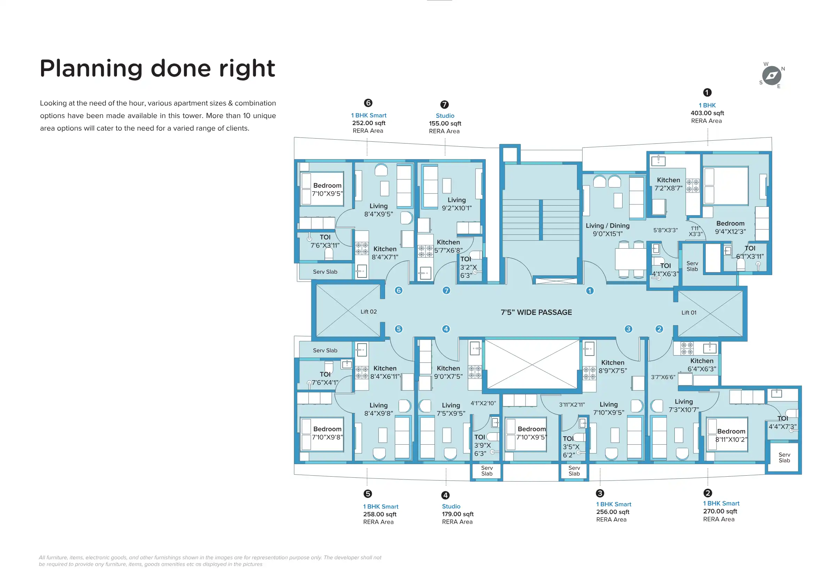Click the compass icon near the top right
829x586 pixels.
click(772, 76)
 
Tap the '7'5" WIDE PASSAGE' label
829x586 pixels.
click(536, 312)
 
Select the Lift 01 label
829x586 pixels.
click(689, 313)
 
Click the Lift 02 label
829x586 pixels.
click(369, 312)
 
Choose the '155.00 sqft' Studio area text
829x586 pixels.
click(445, 124)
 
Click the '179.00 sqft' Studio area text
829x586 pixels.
click(458, 514)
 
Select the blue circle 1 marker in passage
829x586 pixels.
click(589, 291)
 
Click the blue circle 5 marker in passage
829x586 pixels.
click(399, 329)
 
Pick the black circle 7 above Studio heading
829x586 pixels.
click(445, 104)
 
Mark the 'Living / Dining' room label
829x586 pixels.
click(608, 226)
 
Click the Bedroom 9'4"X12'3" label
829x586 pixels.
click(730, 227)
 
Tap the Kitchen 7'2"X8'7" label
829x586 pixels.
click(668, 184)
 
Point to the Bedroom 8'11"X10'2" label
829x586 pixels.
click(731, 435)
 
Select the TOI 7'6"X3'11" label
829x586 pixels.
click(325, 241)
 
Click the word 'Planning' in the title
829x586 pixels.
click(91, 69)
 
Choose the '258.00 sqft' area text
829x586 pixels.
click(380, 514)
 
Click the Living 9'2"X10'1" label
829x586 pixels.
click(457, 204)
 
